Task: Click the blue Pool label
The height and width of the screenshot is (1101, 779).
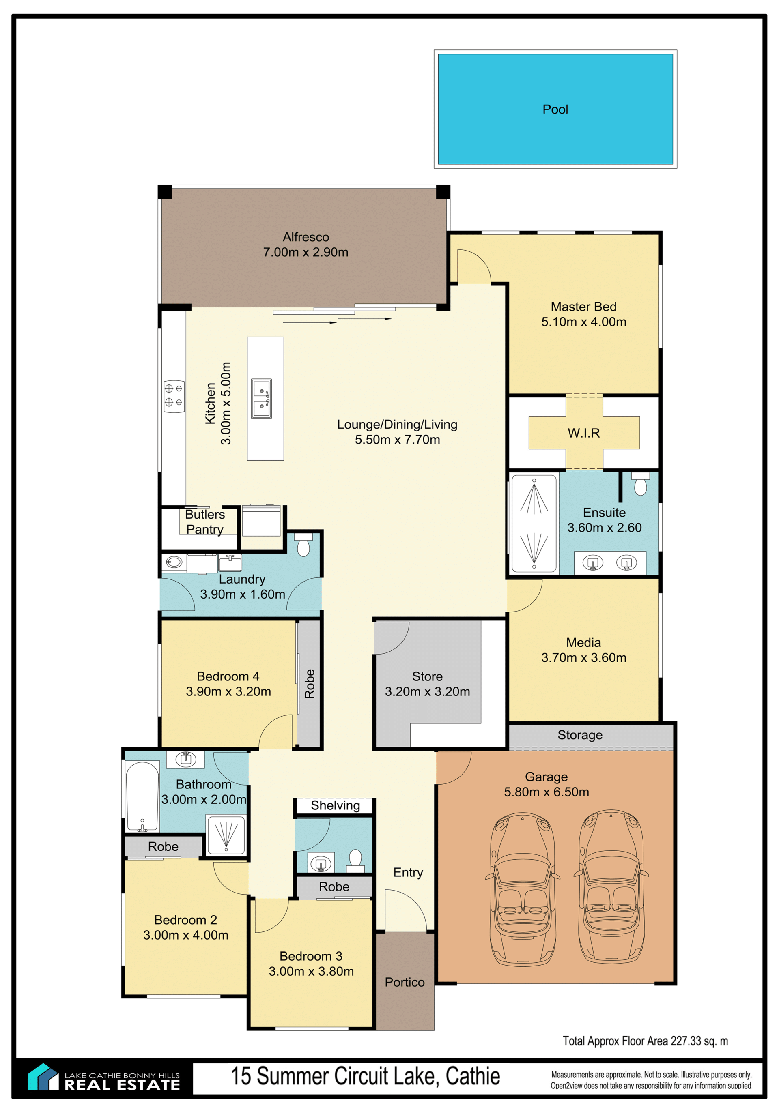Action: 555,109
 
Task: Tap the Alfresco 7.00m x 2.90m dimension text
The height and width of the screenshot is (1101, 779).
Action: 306,252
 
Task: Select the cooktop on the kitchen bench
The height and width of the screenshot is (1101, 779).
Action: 174,396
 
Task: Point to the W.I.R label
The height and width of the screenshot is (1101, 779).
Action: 584,433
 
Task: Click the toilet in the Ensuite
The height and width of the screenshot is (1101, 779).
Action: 640,483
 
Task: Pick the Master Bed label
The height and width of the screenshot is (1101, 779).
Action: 584,307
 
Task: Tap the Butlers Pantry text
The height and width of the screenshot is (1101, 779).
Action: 205,522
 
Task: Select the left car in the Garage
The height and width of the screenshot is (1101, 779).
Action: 522,889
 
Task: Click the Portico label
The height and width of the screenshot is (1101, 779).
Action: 405,982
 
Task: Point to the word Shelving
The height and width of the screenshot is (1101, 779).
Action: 335,805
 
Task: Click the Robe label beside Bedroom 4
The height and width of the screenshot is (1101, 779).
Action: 310,684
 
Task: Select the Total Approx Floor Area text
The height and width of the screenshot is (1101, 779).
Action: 645,1041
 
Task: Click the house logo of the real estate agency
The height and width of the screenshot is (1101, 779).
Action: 43,1077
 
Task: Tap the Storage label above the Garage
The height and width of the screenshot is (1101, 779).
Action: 580,735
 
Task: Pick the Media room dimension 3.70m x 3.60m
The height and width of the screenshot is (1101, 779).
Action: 584,657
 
